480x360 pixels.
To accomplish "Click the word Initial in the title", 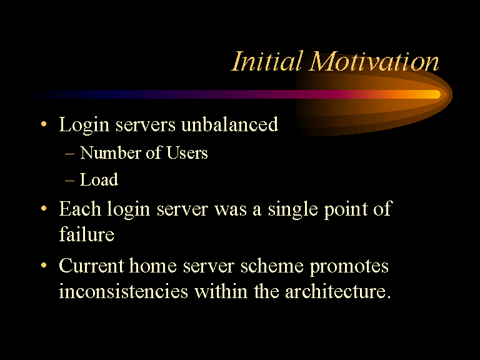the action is coord(267,61).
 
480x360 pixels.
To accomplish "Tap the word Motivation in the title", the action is coord(374,61).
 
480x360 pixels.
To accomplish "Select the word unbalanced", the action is coord(229,124).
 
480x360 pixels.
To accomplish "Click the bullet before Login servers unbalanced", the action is coord(44,124).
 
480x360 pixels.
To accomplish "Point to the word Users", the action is coord(187,152).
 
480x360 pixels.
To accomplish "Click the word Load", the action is coord(99,179).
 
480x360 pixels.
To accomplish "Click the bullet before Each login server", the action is coord(44,209).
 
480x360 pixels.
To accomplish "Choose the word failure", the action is coord(87,234).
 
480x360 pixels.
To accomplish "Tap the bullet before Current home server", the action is coord(44,265).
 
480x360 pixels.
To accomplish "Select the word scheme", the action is coord(272,266).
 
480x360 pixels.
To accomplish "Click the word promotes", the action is coord(349,266).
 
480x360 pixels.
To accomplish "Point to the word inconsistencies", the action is coord(123,291).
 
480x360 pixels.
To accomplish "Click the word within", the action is coord(221,291).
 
